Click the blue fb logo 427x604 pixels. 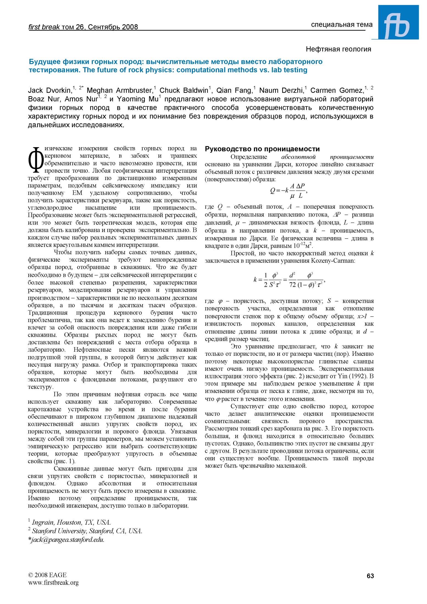(398, 23)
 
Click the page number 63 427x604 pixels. (370, 576)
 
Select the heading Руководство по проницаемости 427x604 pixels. (262, 149)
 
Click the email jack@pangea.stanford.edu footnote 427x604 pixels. (66, 540)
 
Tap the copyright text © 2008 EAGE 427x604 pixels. (47, 575)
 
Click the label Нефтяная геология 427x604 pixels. (338, 49)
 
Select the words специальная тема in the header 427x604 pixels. (342, 25)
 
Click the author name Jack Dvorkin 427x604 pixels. (49, 91)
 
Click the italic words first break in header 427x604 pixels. (44, 27)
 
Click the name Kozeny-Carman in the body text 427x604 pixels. (332, 261)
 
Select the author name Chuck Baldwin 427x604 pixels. (184, 91)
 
